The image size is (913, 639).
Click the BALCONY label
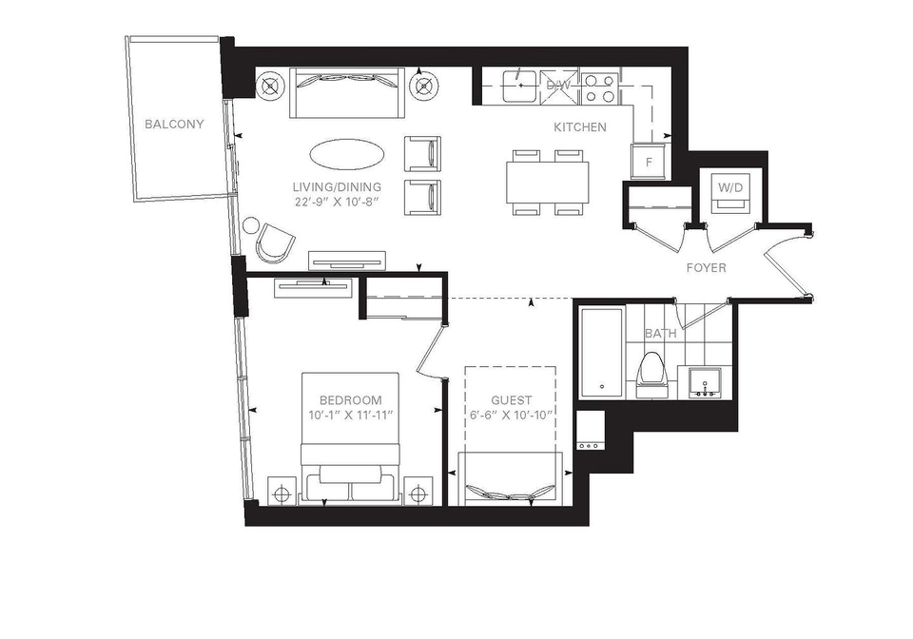coord(174,124)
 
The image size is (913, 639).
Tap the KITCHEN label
coord(580,126)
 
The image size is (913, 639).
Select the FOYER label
coord(707,268)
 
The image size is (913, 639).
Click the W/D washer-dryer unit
coord(730,193)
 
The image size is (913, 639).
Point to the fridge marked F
coord(649,162)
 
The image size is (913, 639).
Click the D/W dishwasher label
coord(558,86)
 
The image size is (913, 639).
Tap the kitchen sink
coord(519,86)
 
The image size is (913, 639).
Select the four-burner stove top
coord(599,87)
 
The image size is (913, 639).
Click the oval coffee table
coord(346,154)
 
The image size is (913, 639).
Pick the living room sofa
coord(347,92)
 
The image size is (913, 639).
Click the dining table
coord(548,183)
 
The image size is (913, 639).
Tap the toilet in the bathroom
coord(651,375)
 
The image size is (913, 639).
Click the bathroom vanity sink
coord(705,382)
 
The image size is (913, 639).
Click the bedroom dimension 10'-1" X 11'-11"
coord(351,416)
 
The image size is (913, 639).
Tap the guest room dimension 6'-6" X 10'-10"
coord(511,416)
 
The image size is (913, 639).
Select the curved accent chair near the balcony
coord(275,241)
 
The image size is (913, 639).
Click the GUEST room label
coord(512,400)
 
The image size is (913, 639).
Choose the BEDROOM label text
coord(351,400)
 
